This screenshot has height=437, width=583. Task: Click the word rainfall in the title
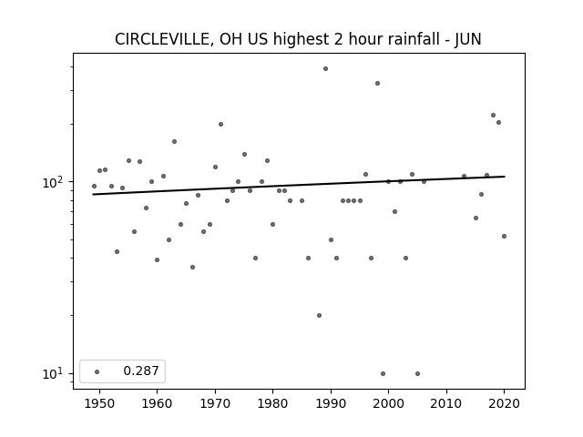click(x=394, y=39)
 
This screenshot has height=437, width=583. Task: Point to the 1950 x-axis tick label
click(x=99, y=403)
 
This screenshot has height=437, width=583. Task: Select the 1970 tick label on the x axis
click(x=215, y=403)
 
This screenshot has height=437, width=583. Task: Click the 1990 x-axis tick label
click(x=331, y=403)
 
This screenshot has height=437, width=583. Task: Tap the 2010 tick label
click(x=446, y=403)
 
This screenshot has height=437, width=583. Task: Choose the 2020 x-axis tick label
click(x=504, y=403)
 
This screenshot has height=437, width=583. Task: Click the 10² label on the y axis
click(x=54, y=182)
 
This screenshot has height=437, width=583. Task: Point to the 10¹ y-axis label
click(x=54, y=373)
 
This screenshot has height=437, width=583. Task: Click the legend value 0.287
click(x=141, y=371)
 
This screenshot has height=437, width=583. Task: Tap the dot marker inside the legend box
click(x=97, y=371)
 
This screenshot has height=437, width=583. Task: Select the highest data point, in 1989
click(x=325, y=69)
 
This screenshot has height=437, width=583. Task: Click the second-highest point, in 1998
click(x=377, y=83)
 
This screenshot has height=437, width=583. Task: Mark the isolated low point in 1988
click(x=319, y=316)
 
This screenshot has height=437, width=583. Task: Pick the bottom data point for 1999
click(x=383, y=374)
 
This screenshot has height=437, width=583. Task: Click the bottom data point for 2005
click(x=417, y=374)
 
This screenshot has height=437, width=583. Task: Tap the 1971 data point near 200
click(x=220, y=124)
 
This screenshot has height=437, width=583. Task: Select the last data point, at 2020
click(x=504, y=237)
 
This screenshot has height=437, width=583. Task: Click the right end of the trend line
click(x=505, y=177)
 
